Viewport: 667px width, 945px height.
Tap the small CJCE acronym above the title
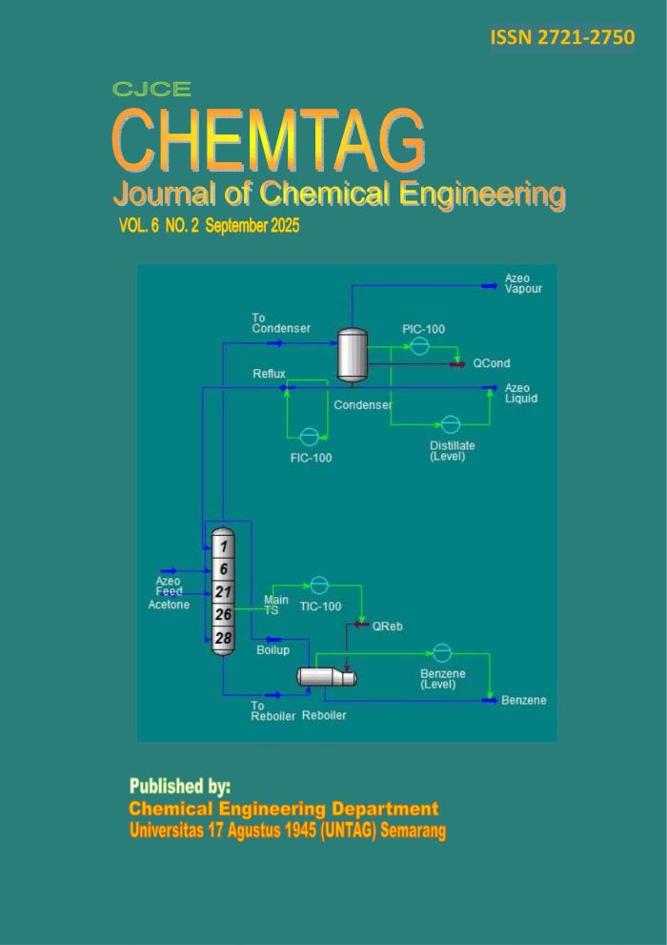click(x=152, y=91)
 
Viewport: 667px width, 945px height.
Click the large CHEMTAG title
click(x=269, y=141)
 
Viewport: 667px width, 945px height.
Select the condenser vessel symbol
click(x=354, y=354)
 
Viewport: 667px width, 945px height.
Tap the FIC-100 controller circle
click(x=309, y=437)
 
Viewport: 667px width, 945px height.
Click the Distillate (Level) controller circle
click(x=451, y=424)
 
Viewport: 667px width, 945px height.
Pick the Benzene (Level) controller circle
click(x=441, y=652)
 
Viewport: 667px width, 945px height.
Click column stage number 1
click(x=223, y=546)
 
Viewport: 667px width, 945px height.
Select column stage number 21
click(x=223, y=592)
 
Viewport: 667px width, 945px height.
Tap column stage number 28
click(x=223, y=636)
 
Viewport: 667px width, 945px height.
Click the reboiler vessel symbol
click(x=326, y=676)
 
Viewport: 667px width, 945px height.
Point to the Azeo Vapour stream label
click(x=524, y=283)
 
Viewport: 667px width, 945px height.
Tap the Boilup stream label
click(x=273, y=650)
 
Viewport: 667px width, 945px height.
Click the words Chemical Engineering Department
click(x=283, y=808)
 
